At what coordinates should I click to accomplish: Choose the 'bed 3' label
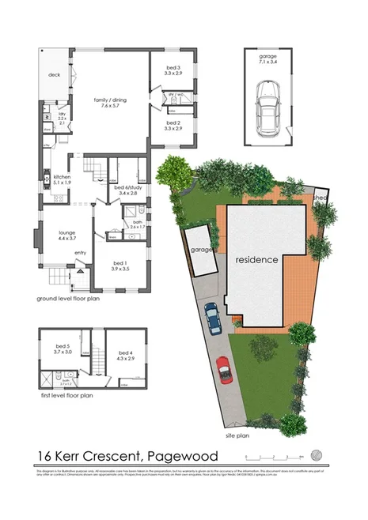173,70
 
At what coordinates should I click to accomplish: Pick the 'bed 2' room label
173,124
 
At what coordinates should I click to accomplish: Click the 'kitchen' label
63,179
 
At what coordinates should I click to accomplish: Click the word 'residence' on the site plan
255,259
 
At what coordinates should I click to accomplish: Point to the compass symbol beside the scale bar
317,455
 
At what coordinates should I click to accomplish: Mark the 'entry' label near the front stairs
80,253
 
